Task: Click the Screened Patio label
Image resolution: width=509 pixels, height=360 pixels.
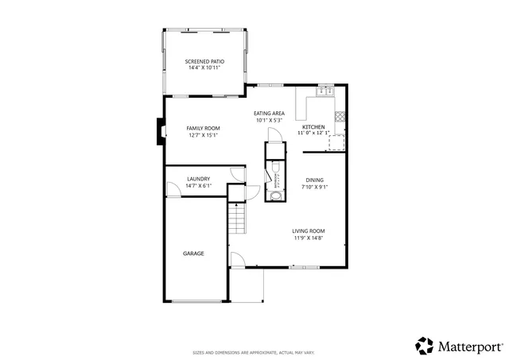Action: click(x=204, y=61)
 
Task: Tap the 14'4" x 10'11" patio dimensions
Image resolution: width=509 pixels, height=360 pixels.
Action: click(x=204, y=68)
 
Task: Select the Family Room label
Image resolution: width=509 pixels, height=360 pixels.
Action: click(x=204, y=128)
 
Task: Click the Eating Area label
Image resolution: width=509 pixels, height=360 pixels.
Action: click(x=269, y=114)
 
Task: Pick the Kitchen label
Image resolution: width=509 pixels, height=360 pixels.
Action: click(x=313, y=127)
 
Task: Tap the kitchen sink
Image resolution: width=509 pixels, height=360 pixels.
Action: click(x=324, y=92)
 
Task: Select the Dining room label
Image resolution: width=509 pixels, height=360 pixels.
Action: click(x=314, y=180)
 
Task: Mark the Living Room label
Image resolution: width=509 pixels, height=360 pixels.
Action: click(x=309, y=231)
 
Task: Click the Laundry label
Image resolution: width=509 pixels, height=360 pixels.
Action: click(x=198, y=179)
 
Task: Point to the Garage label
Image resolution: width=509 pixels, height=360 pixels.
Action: click(x=194, y=254)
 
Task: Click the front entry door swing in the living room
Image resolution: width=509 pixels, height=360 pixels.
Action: click(x=237, y=259)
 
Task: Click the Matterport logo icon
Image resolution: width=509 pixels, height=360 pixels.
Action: click(x=424, y=346)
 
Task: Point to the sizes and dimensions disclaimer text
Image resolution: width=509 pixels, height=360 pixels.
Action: click(x=254, y=352)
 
